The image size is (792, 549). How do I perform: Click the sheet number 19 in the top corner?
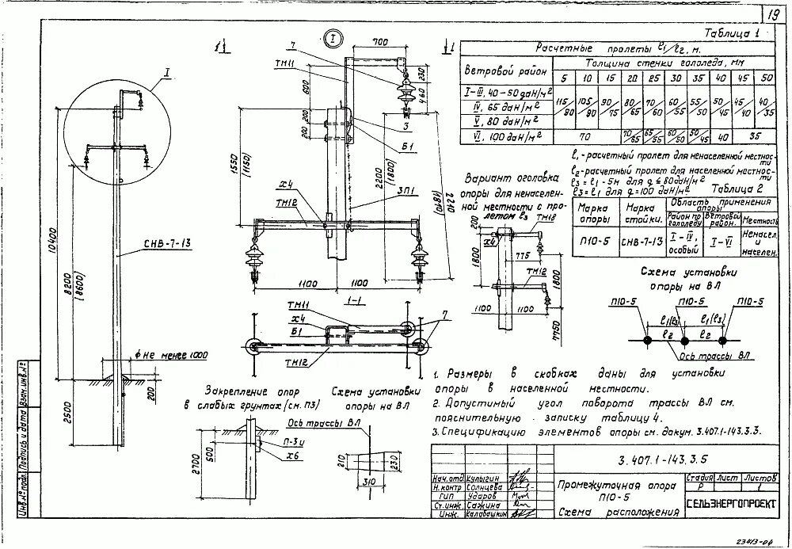pos(772,13)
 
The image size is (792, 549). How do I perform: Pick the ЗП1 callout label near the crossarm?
pos(389,191)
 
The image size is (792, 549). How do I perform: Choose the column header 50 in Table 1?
pos(767,78)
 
